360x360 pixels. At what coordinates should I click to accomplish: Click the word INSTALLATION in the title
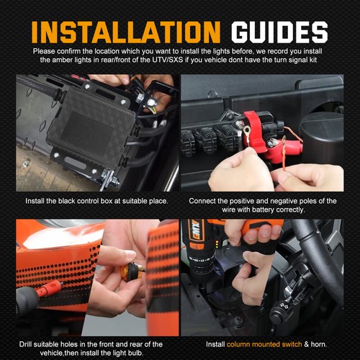pyautogui.click(x=126, y=32)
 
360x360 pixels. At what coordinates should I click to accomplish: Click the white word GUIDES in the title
pyautogui.click(x=279, y=32)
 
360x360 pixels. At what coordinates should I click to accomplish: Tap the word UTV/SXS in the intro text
pyautogui.click(x=168, y=60)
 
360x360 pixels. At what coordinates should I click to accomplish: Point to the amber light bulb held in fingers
pyautogui.click(x=127, y=272)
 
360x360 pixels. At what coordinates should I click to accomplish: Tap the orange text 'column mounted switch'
pyautogui.click(x=264, y=344)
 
